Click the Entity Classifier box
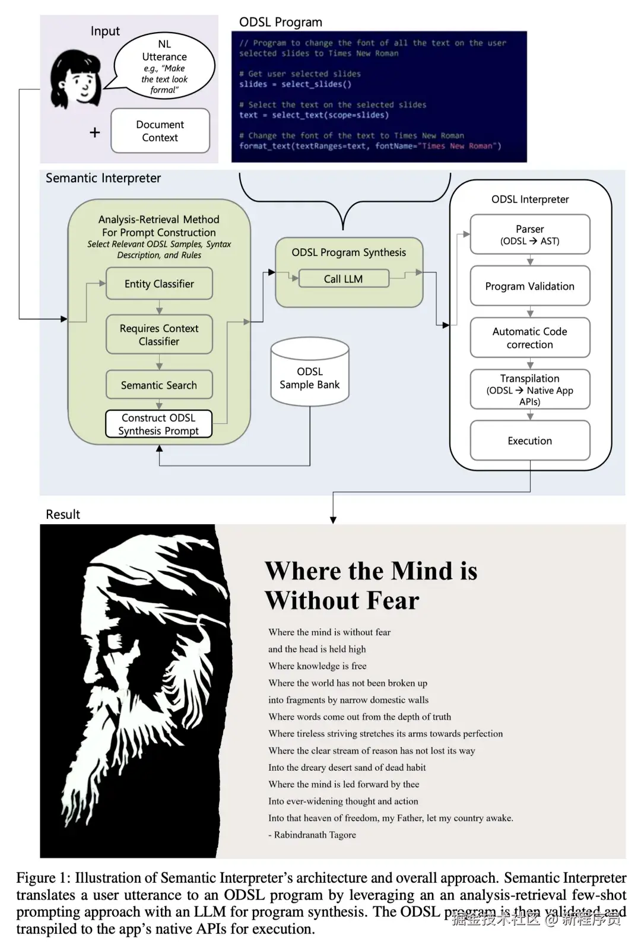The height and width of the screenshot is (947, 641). [159, 284]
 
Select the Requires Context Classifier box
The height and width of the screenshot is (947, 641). [159, 335]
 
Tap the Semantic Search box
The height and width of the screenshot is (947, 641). [159, 385]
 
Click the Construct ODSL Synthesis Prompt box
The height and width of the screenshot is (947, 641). [158, 425]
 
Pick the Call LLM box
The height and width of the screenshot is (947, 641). [344, 279]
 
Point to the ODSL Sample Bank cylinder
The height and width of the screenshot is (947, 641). [310, 373]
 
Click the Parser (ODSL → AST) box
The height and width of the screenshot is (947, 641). [530, 235]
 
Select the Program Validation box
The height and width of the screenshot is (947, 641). [530, 286]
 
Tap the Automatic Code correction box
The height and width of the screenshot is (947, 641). [530, 338]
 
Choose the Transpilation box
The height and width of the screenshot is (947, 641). [530, 389]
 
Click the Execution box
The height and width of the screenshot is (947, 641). [530, 441]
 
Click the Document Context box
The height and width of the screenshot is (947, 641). [160, 131]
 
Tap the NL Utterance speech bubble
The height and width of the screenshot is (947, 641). [164, 66]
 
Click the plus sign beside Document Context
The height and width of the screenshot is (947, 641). [95, 132]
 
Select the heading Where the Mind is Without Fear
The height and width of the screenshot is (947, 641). [371, 585]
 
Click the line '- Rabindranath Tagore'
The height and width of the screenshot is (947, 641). [312, 835]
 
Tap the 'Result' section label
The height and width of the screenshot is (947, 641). [63, 515]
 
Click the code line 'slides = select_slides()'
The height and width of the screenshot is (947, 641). [295, 84]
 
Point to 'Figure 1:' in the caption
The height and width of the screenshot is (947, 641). [43, 878]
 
